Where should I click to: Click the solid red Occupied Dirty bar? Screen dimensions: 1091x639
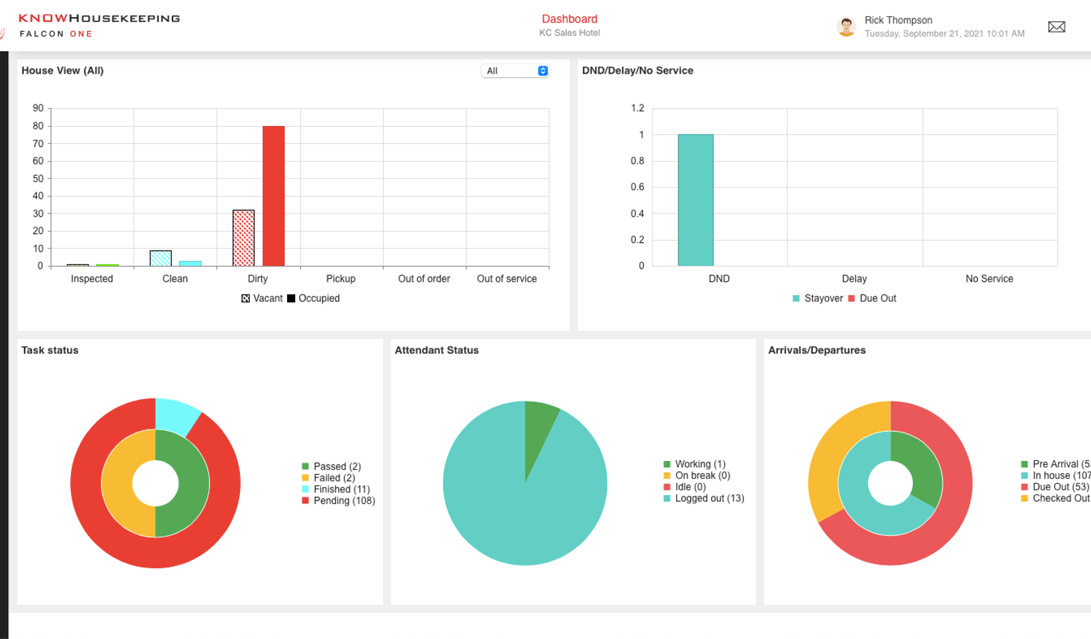(x=273, y=196)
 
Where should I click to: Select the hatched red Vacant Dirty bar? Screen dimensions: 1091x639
(x=243, y=238)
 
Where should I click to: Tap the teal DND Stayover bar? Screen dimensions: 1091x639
(x=696, y=200)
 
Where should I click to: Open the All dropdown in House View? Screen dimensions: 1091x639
(x=515, y=71)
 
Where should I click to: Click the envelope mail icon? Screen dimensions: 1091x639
(x=1056, y=27)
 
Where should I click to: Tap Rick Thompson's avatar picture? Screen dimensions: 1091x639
(x=846, y=27)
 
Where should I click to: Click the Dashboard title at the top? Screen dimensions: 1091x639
(x=569, y=19)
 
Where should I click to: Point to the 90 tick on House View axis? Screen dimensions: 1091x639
(x=38, y=108)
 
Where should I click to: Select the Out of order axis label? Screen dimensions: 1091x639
(x=423, y=279)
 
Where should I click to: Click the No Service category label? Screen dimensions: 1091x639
(x=989, y=279)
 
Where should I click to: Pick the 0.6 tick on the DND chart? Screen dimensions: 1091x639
(x=637, y=187)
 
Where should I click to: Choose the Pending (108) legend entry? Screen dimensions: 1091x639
(x=338, y=501)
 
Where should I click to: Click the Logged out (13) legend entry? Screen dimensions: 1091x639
(x=704, y=499)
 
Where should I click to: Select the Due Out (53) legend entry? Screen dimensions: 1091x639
(x=1055, y=487)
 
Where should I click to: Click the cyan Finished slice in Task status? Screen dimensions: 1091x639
(x=175, y=415)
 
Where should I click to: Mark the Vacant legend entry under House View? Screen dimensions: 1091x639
(x=262, y=298)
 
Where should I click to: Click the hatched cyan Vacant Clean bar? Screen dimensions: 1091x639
(x=161, y=258)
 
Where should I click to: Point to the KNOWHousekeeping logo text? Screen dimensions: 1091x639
(x=100, y=18)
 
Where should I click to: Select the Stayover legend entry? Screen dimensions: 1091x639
(x=818, y=298)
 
